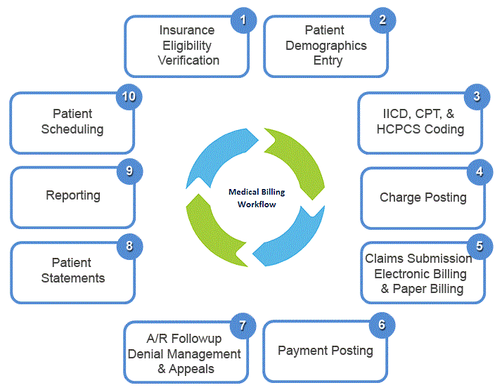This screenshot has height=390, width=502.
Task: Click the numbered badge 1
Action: [243, 20]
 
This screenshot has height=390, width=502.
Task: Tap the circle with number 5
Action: [480, 246]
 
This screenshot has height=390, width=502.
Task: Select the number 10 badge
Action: [128, 96]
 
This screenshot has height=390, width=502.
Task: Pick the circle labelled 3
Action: [477, 96]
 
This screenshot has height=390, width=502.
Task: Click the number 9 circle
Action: [129, 170]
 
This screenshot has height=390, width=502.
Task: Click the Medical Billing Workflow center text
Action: [252, 198]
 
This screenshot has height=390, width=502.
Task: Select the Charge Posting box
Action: [423, 197]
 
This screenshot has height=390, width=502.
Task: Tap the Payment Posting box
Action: [325, 350]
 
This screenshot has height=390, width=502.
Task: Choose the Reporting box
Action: [72, 196]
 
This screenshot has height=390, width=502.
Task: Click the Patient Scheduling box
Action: [72, 122]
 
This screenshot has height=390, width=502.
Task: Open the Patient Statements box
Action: [72, 271]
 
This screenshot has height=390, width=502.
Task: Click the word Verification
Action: [188, 60]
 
